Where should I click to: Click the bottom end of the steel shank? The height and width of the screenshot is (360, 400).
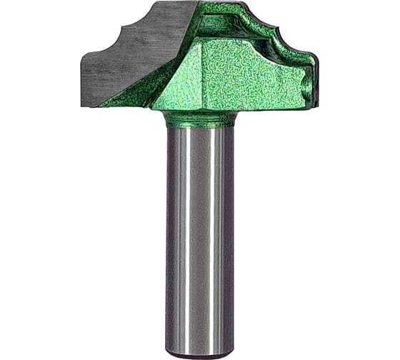coord(200,352)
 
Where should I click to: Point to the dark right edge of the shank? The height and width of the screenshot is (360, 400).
coord(231,236)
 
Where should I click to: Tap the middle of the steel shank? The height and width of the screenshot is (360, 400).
coord(200,236)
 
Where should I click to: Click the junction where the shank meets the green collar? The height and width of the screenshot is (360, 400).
coord(200,127)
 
